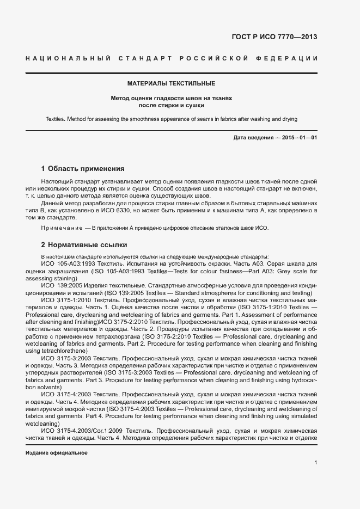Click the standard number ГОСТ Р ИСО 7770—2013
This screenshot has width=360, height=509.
(274, 37)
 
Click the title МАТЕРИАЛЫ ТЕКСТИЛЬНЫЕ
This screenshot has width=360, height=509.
(171, 84)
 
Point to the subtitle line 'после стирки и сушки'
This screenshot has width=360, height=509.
(171, 106)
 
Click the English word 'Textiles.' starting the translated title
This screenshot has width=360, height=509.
(55, 119)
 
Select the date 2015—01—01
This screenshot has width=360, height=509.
(300, 138)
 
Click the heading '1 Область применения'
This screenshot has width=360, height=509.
(83, 169)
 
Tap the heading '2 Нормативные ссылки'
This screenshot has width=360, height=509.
(84, 245)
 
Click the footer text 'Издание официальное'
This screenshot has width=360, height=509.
(57, 453)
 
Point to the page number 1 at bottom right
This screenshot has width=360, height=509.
(316, 463)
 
